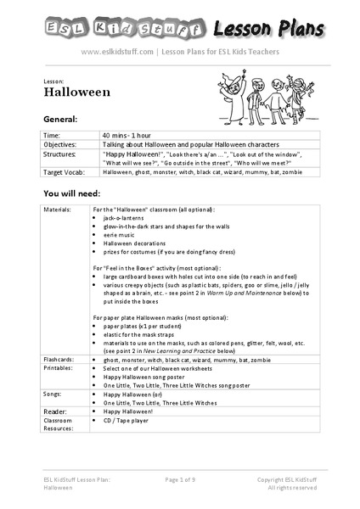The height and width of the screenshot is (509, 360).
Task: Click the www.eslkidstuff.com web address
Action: click(x=118, y=52)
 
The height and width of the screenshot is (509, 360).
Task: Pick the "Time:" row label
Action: click(x=51, y=135)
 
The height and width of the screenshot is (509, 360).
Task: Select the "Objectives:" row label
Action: click(x=59, y=145)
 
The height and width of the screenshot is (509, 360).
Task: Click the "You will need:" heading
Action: click(x=74, y=193)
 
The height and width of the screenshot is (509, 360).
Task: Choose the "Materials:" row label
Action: click(x=59, y=209)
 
